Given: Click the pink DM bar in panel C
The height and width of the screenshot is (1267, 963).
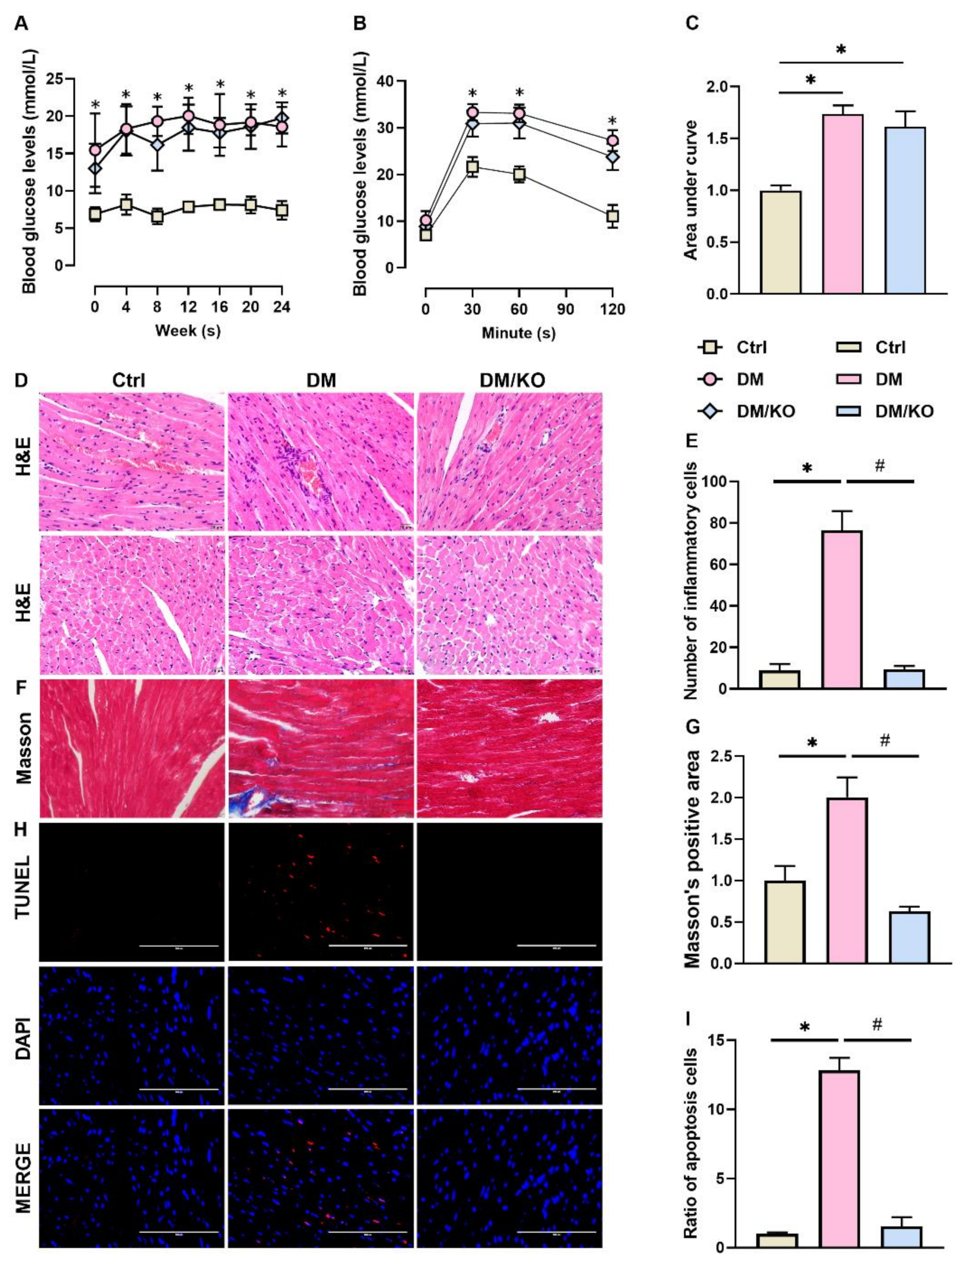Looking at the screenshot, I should (843, 203).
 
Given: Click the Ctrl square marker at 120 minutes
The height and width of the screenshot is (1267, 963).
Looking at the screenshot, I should (613, 216).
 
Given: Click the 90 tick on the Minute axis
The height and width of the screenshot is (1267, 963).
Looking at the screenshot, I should (566, 309).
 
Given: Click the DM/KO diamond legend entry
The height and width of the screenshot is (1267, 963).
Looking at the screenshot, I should (745, 411).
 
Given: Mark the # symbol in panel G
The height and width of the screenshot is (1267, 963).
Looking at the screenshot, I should (884, 741).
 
